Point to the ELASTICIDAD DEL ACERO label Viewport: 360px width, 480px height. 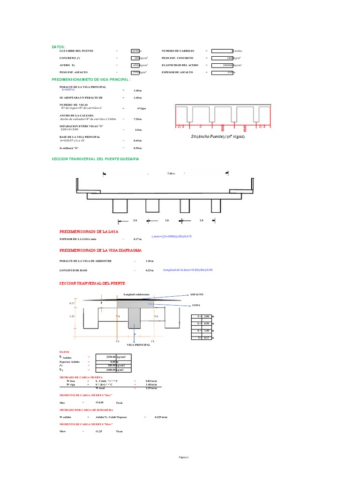pyautogui.click(x=180, y=65)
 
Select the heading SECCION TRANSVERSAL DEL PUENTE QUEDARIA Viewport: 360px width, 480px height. pyautogui.click(x=95, y=159)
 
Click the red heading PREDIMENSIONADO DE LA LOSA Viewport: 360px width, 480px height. pyautogui.click(x=89, y=232)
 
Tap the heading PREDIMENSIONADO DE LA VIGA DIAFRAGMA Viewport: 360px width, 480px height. pyautogui.click(x=100, y=251)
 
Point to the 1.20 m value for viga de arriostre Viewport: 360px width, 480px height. pyautogui.click(x=150, y=261)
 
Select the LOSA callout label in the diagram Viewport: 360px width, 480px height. pyautogui.click(x=195, y=305)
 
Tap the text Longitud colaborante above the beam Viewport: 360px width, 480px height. pyautogui.click(x=136, y=294)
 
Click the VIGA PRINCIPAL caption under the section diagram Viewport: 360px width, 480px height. pyautogui.click(x=137, y=345)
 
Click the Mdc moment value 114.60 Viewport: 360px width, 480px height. pyautogui.click(x=99, y=403)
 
